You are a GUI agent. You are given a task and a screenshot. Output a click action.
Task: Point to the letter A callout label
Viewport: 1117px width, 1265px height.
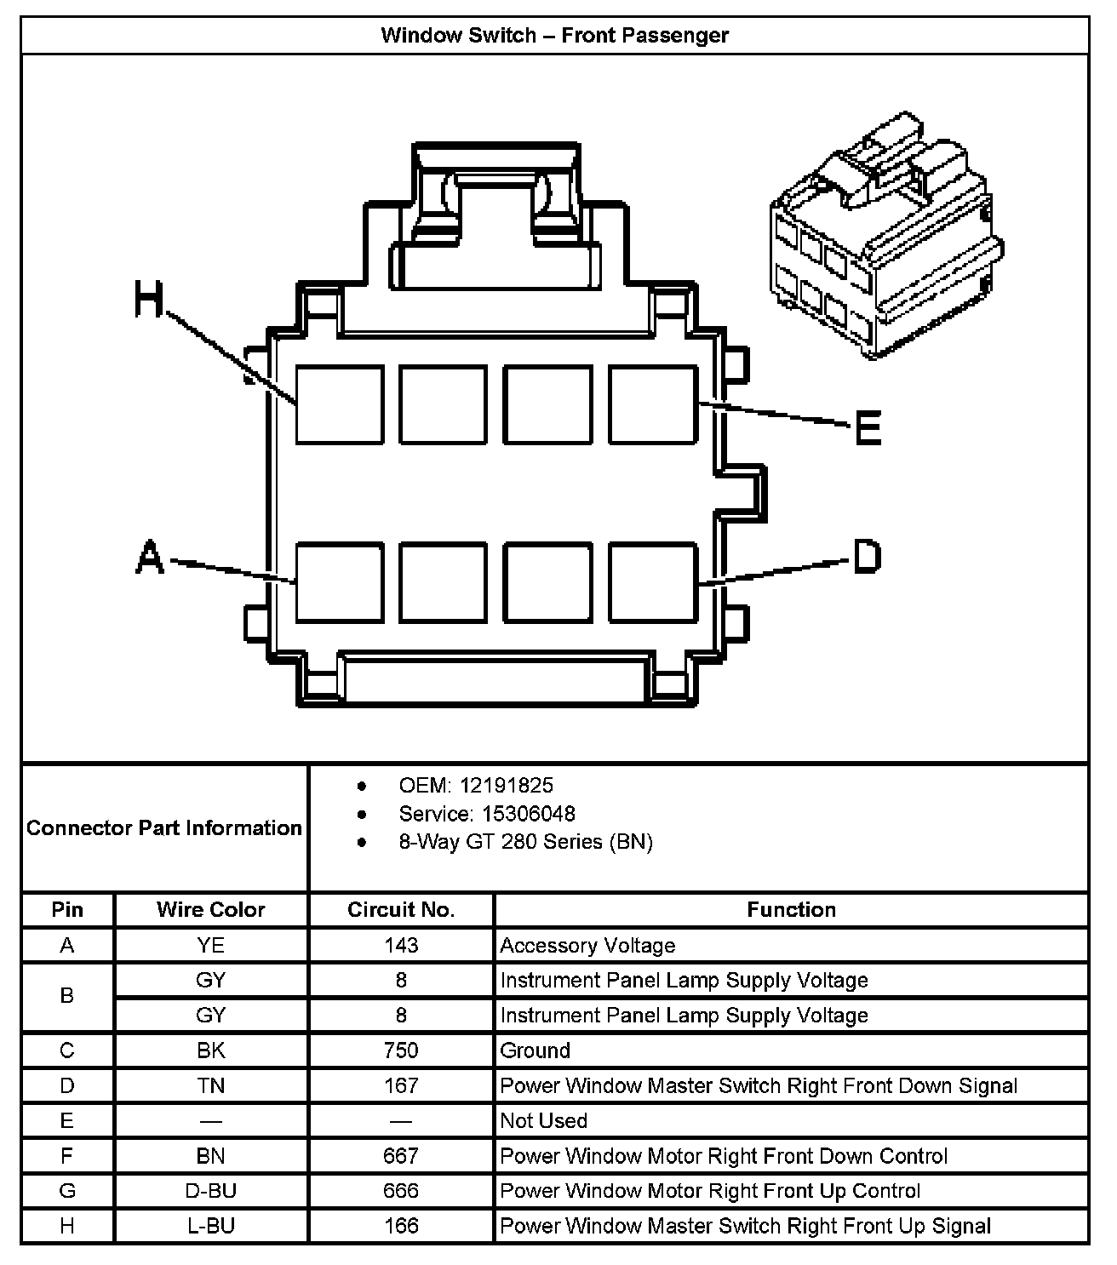[x=150, y=558]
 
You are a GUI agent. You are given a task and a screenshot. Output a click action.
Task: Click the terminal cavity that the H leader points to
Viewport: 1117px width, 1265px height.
[x=339, y=404]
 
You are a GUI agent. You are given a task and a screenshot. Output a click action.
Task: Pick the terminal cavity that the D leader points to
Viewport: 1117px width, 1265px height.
[x=653, y=582]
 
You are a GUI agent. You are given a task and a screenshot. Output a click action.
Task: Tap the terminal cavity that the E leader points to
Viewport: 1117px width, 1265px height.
[x=653, y=404]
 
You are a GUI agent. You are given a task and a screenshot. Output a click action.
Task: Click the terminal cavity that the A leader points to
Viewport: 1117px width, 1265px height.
[x=339, y=582]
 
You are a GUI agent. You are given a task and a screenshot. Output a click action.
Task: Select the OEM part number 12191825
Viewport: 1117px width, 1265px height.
[x=506, y=785]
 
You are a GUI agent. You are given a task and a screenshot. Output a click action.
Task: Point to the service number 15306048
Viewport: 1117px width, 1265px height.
[x=528, y=814]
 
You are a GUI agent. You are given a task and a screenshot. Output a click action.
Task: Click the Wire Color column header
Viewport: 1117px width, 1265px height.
[x=210, y=909]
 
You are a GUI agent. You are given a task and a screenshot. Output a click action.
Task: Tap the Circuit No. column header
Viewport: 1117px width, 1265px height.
[x=401, y=909]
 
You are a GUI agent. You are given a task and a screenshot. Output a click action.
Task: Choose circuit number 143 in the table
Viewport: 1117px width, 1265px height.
[x=401, y=945]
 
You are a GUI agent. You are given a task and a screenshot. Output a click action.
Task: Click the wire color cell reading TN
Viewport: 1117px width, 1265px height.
[x=210, y=1085]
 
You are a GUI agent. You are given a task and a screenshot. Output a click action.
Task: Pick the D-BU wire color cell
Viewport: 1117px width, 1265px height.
[x=210, y=1191]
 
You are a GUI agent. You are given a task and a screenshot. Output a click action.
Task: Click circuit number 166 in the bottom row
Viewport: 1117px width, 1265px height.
[x=401, y=1226]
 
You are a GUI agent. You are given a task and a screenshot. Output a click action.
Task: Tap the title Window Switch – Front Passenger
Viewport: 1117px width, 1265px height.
[x=555, y=35]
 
